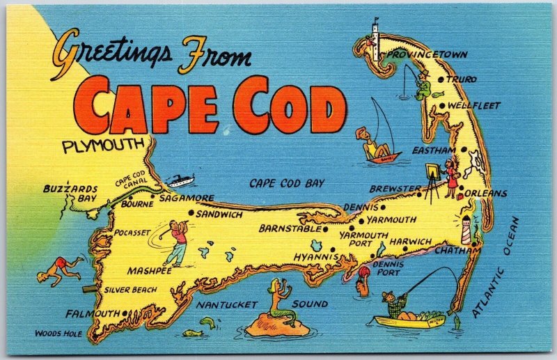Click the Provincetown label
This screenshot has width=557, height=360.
pyautogui.click(x=427, y=54)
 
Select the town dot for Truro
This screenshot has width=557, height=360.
pyautogui.click(x=441, y=80)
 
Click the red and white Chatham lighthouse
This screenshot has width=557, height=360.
pyautogui.click(x=466, y=228)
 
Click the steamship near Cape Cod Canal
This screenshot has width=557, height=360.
pyautogui.click(x=178, y=180)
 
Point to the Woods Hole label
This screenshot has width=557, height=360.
pyautogui.click(x=58, y=334)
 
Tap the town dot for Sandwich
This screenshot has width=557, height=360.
pyautogui.click(x=190, y=214)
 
